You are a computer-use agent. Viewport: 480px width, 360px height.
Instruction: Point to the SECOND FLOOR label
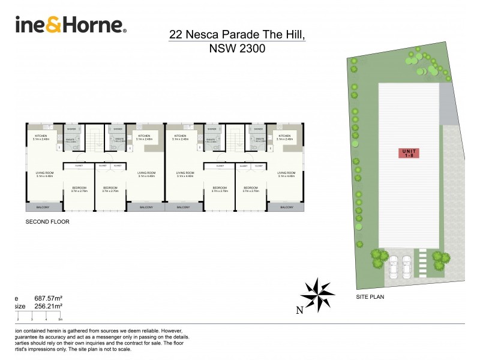pos(47,221)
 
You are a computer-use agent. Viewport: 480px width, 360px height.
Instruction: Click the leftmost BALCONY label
pos(44,207)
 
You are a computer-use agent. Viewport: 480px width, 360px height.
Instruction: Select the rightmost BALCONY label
pos(286,207)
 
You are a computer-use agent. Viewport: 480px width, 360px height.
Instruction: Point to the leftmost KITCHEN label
pos(41,136)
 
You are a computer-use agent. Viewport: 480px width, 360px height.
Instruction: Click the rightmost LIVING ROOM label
pos(286,173)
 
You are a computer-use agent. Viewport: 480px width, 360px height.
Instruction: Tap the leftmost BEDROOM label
pos(79,188)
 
